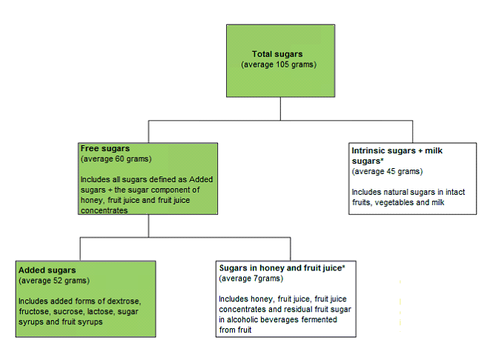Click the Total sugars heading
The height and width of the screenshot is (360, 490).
click(278, 54)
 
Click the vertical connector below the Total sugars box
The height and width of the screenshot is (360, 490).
click(280, 108)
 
